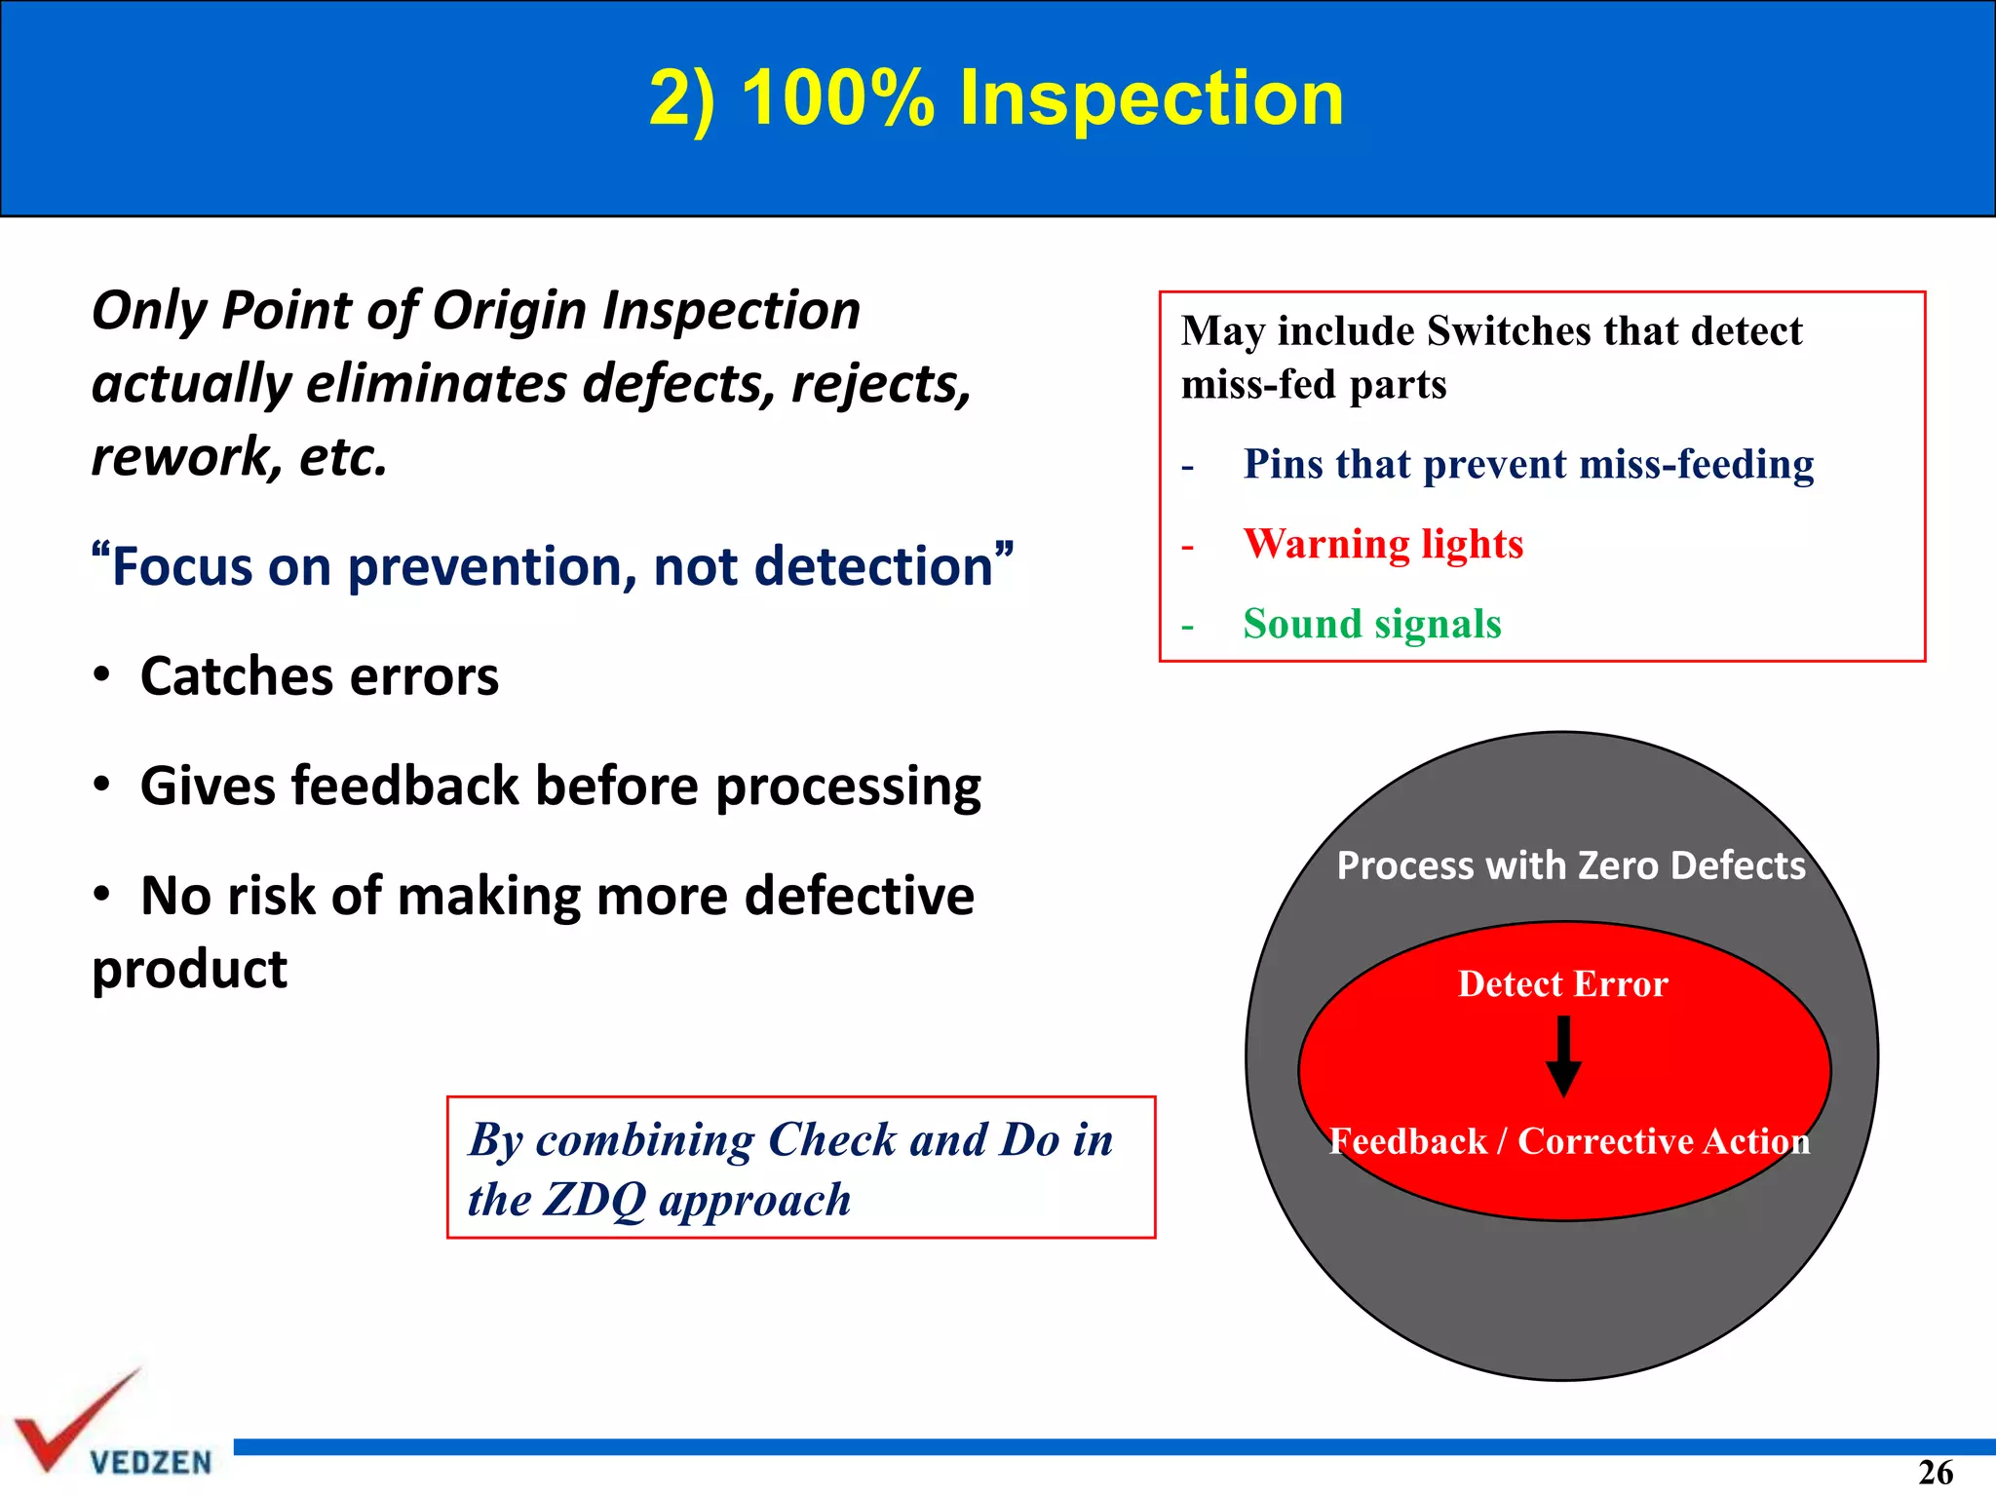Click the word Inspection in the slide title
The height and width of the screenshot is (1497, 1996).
1151,98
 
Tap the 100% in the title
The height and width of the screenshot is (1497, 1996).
837,98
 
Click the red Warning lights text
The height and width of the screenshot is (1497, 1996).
1382,544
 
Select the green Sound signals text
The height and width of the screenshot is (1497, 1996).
1371,624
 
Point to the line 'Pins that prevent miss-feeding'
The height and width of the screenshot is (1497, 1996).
1527,464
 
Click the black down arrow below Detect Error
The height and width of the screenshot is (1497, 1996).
1563,1057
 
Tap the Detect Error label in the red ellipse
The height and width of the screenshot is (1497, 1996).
1562,984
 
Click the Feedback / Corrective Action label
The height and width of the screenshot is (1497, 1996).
1569,1141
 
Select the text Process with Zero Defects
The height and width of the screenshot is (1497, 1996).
1570,865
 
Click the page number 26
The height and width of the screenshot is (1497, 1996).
1935,1472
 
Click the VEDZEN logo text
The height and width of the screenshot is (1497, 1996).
151,1462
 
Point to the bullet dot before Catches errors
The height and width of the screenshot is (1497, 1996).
101,675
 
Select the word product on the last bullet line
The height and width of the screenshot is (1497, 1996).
189,969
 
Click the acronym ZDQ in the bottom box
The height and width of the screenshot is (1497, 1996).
595,1200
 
